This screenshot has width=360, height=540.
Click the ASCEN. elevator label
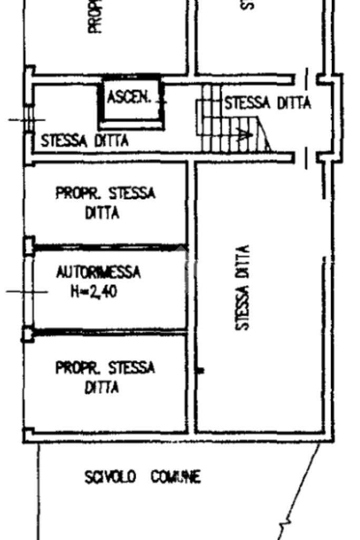pyautogui.click(x=129, y=98)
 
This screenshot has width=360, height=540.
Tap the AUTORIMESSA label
pyautogui.click(x=99, y=273)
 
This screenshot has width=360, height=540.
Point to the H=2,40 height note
pyautogui.click(x=94, y=291)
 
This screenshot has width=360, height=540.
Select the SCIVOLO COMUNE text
pyautogui.click(x=142, y=478)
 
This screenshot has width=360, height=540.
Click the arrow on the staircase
pyautogui.click(x=244, y=135)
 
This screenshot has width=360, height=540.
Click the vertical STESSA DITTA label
pyautogui.click(x=242, y=287)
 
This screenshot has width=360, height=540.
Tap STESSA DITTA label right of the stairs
pyautogui.click(x=267, y=103)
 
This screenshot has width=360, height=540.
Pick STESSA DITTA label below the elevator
pyautogui.click(x=84, y=141)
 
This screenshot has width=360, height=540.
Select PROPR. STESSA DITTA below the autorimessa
pyautogui.click(x=105, y=377)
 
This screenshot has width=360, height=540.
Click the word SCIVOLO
pyautogui.click(x=110, y=478)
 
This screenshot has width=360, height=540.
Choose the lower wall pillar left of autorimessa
pyautogui.click(x=28, y=334)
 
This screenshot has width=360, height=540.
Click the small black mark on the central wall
pyautogui.click(x=200, y=371)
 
